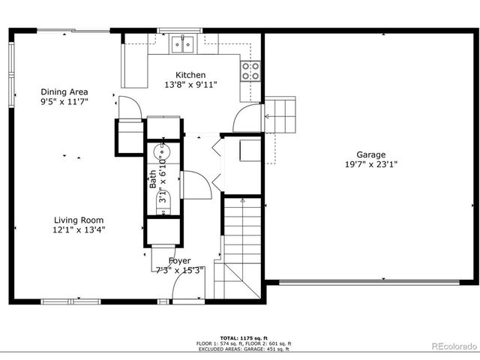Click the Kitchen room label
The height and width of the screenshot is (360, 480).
point(190,75)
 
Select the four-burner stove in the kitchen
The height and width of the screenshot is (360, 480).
point(251,70)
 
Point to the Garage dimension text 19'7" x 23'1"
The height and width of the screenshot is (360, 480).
point(370,163)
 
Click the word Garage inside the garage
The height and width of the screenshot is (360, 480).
point(370,153)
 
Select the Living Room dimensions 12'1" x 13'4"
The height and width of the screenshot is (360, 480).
point(79,230)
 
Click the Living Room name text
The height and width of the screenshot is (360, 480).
point(79,220)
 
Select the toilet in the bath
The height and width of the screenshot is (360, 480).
point(163,199)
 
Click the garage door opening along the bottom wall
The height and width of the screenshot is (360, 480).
point(371,283)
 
